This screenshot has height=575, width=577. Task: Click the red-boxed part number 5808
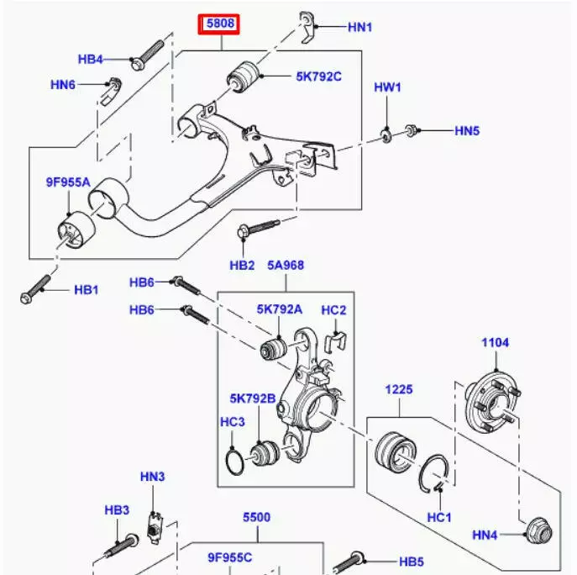220,24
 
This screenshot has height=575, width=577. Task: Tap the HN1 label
359,27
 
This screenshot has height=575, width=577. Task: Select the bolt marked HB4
147,55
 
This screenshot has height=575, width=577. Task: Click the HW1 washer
386,136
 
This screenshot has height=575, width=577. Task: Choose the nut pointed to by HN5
411,130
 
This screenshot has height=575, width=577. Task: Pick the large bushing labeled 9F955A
76,229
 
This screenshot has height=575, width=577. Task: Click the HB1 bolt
35,289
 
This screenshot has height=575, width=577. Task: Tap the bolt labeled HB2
259,229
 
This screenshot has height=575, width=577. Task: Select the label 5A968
286,265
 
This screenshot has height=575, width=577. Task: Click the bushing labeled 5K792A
273,348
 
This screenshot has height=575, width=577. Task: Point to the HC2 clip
335,343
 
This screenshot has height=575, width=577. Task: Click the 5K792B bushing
265,453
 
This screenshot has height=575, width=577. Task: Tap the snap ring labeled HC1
434,474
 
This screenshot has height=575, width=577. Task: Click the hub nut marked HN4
538,531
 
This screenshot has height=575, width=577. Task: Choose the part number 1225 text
399,390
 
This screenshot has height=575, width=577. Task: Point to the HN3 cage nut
155,527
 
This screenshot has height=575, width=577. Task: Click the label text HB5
412,562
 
